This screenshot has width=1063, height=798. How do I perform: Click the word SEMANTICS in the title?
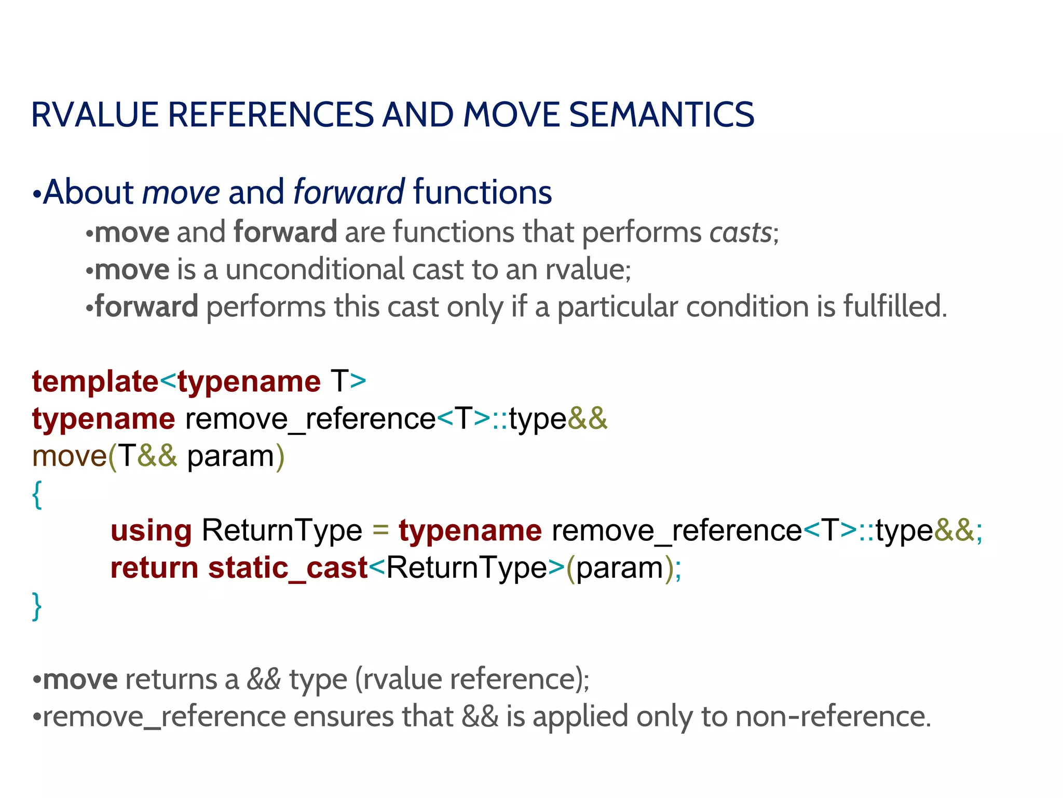[661, 115]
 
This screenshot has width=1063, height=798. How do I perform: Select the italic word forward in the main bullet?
[349, 192]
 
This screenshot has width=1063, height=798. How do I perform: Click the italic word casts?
[741, 232]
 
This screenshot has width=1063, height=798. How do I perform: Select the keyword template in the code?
[95, 382]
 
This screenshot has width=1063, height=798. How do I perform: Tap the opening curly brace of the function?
[37, 494]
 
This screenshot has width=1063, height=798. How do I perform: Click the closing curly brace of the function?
[37, 606]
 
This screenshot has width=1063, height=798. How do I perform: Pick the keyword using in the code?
[151, 531]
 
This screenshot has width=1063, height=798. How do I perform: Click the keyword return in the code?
[154, 568]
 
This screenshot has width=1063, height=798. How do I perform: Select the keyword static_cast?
[288, 568]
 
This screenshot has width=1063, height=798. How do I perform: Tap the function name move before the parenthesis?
[69, 457]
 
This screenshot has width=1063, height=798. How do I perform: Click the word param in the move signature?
[230, 457]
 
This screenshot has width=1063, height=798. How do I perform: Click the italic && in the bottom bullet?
[264, 680]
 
